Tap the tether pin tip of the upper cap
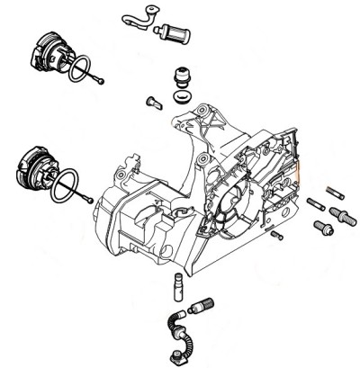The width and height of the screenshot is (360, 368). click(105, 83)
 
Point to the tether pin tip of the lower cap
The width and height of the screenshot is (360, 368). click(93, 200)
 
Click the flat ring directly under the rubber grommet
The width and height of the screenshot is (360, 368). click(182, 94)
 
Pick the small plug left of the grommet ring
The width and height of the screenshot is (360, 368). click(154, 101)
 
